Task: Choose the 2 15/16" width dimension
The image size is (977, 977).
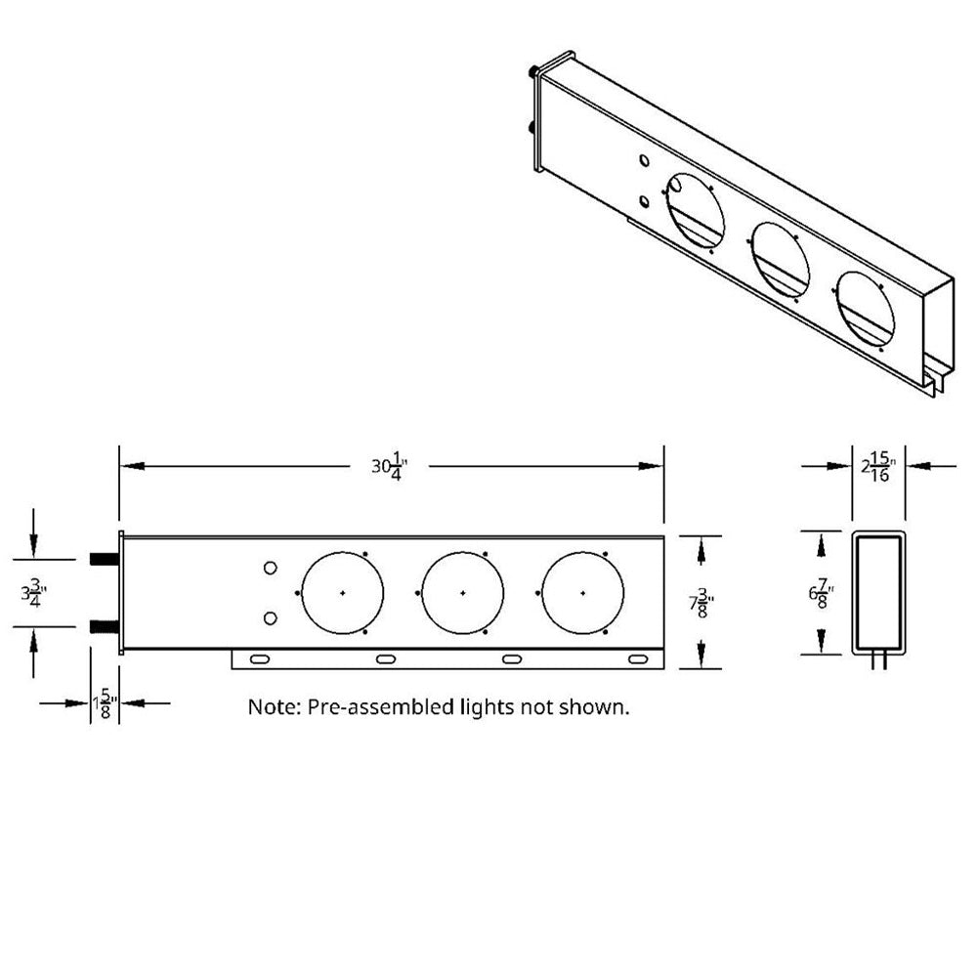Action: point(878,467)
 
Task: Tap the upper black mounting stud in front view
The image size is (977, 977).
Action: point(103,559)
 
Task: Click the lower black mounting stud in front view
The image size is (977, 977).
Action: point(103,626)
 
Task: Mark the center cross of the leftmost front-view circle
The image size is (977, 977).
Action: point(343,593)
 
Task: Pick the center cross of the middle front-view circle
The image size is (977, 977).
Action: point(463,593)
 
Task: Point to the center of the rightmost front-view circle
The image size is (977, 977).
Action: point(583,593)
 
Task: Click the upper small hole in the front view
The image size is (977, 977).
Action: point(272,568)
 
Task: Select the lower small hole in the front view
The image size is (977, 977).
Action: point(272,617)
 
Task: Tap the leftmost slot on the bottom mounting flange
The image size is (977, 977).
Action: point(262,660)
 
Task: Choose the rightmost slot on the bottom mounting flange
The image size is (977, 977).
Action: point(636,660)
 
